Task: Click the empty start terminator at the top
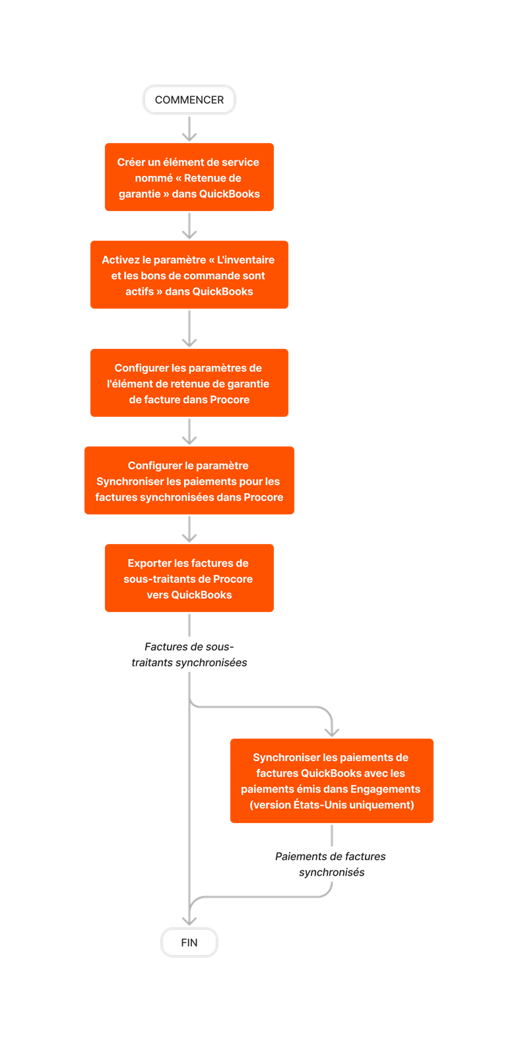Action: click(189, 100)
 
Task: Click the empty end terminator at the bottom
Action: click(189, 942)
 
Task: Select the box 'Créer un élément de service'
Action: click(189, 177)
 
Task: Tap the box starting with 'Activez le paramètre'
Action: click(189, 275)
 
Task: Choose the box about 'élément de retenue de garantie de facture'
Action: click(189, 383)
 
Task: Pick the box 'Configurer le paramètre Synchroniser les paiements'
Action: click(189, 481)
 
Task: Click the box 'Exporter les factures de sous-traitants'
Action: click(189, 578)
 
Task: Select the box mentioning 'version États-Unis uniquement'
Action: click(332, 781)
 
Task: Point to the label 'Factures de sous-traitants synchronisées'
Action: click(189, 655)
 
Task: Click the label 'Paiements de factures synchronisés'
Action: click(331, 865)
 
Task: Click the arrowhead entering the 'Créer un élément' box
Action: click(189, 137)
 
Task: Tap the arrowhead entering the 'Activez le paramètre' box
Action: click(189, 234)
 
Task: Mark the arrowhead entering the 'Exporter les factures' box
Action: click(189, 537)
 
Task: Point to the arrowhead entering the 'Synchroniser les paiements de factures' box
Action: click(332, 731)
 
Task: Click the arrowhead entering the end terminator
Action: click(189, 920)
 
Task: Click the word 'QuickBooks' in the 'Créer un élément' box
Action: click(230, 194)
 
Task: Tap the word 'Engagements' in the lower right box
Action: click(387, 789)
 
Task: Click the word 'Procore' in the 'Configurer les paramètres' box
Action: click(230, 400)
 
